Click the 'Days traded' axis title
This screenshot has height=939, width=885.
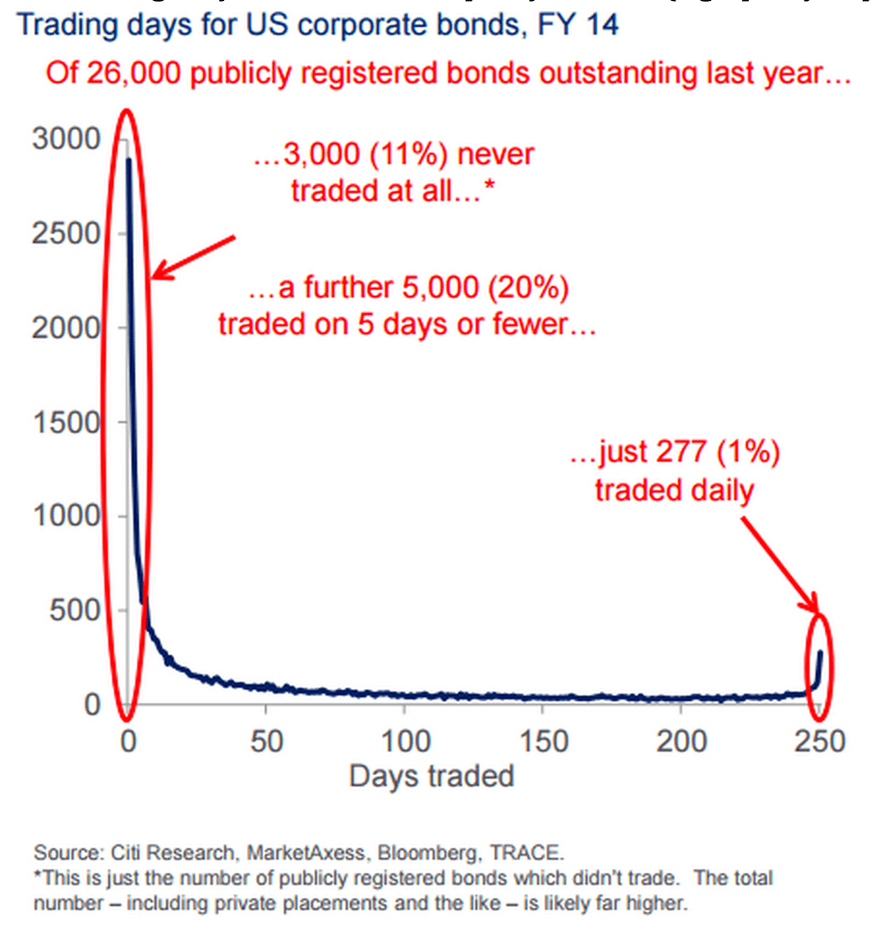tap(431, 776)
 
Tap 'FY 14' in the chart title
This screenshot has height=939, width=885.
tap(584, 24)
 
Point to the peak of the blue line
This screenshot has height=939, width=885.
tap(128, 159)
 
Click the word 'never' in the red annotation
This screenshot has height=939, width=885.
tap(500, 155)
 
